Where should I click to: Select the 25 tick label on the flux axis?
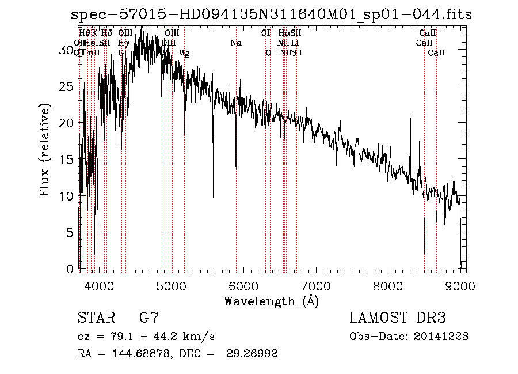[67, 87]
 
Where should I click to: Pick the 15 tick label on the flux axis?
[67, 160]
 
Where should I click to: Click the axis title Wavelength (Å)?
[271, 301]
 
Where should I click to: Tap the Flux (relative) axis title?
[45, 150]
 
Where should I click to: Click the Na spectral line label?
[235, 43]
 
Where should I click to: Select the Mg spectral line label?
[184, 53]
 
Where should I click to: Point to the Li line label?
[294, 43]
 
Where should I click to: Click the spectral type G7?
[148, 318]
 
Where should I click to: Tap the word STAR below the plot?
[96, 318]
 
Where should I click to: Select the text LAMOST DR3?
[398, 318]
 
